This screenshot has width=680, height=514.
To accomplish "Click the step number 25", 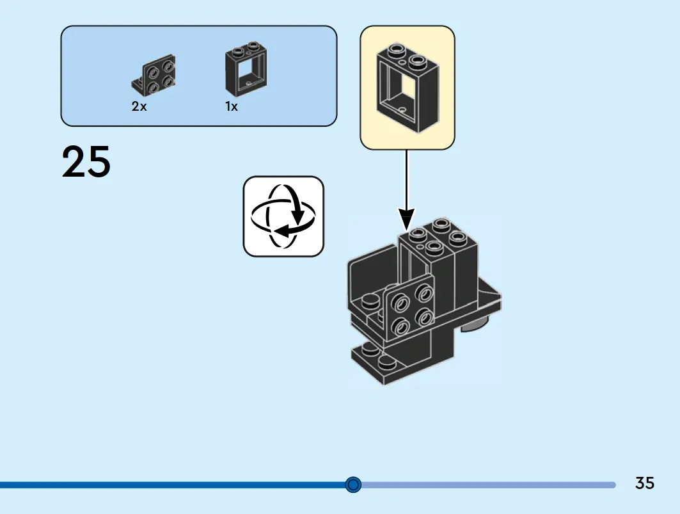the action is click(x=86, y=162).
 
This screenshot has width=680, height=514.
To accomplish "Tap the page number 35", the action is click(x=644, y=483).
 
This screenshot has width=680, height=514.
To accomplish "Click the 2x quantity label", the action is click(x=139, y=106).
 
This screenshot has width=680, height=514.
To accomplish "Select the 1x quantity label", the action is click(x=231, y=106).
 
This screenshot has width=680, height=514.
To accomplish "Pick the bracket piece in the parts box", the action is click(x=154, y=75).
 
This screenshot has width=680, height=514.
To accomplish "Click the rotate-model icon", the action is click(x=283, y=216).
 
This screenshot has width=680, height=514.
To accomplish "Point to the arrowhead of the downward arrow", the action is click(x=406, y=219).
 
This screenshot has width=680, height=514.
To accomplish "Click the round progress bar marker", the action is click(x=353, y=485).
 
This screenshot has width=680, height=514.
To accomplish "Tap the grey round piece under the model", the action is click(x=474, y=324).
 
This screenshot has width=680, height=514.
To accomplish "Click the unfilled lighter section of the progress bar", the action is click(x=488, y=485).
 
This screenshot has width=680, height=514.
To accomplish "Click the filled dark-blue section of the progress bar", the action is click(x=173, y=485).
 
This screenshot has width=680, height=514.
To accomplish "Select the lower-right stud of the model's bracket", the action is click(x=425, y=317).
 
